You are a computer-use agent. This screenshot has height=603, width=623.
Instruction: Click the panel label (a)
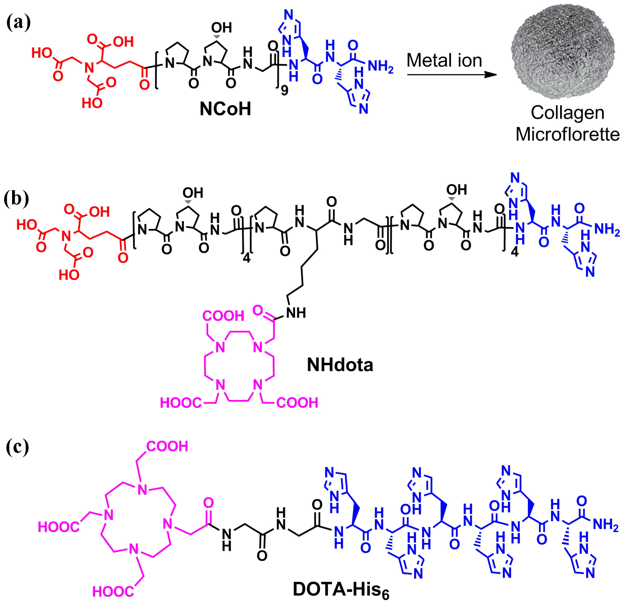18,23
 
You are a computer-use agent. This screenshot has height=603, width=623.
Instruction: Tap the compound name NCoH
225,109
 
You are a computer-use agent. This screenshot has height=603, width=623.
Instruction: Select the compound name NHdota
340,365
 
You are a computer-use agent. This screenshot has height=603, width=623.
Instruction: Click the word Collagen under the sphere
567,113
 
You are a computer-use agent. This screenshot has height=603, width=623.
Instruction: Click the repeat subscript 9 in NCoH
285,91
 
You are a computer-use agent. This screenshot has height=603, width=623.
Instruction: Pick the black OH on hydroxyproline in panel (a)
221,28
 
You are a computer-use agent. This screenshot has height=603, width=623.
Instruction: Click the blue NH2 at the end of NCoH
381,66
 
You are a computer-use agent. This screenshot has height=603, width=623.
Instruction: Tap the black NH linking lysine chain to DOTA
295,313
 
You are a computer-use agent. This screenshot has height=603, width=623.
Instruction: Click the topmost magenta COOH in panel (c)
167,447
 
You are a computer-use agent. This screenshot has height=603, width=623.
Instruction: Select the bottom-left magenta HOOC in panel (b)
181,403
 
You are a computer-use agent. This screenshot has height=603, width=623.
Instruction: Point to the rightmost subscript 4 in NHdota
514,252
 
